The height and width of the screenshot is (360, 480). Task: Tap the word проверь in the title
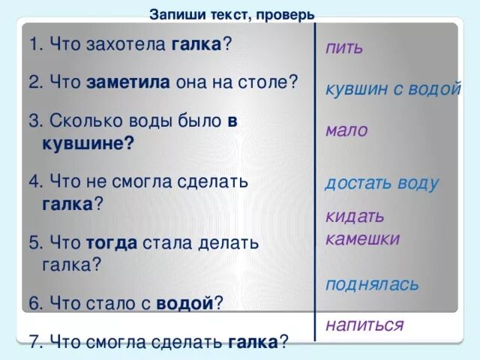pyautogui.click(x=288, y=14)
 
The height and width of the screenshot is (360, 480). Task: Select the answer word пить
pyautogui.click(x=344, y=48)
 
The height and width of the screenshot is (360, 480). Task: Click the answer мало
pyautogui.click(x=346, y=130)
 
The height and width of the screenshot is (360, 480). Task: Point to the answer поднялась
pyautogui.click(x=373, y=284)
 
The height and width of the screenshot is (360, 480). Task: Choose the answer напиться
pyautogui.click(x=364, y=325)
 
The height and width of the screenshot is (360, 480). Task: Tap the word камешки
pyautogui.click(x=363, y=239)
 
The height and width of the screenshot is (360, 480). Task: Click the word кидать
pyautogui.click(x=355, y=217)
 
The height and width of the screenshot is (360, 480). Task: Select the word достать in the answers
pyautogui.click(x=355, y=183)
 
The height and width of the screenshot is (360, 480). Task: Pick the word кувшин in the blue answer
pyautogui.click(x=353, y=88)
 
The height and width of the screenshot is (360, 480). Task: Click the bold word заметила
pyautogui.click(x=129, y=82)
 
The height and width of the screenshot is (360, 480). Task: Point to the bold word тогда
pyautogui.click(x=112, y=242)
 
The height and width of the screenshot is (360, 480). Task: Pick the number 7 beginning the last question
pyautogui.click(x=34, y=342)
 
